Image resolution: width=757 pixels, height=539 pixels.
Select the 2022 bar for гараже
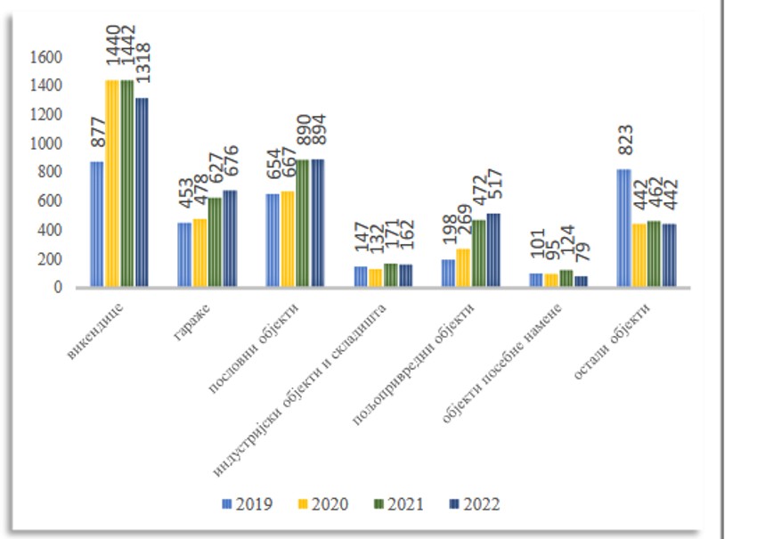coord(230,238)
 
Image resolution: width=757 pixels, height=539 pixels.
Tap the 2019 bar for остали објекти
coord(623,228)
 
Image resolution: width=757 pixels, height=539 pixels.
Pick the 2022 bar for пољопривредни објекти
coord(492,249)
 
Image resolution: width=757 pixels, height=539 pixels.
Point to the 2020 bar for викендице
coord(112,184)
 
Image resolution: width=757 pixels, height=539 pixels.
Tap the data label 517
coord(495,187)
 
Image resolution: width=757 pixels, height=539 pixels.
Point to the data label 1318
coord(142,68)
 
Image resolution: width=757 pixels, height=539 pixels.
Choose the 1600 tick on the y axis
coord(45,57)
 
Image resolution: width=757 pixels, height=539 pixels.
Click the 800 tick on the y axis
coord(49,172)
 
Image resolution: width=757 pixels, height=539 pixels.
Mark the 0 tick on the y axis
coord(58,288)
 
